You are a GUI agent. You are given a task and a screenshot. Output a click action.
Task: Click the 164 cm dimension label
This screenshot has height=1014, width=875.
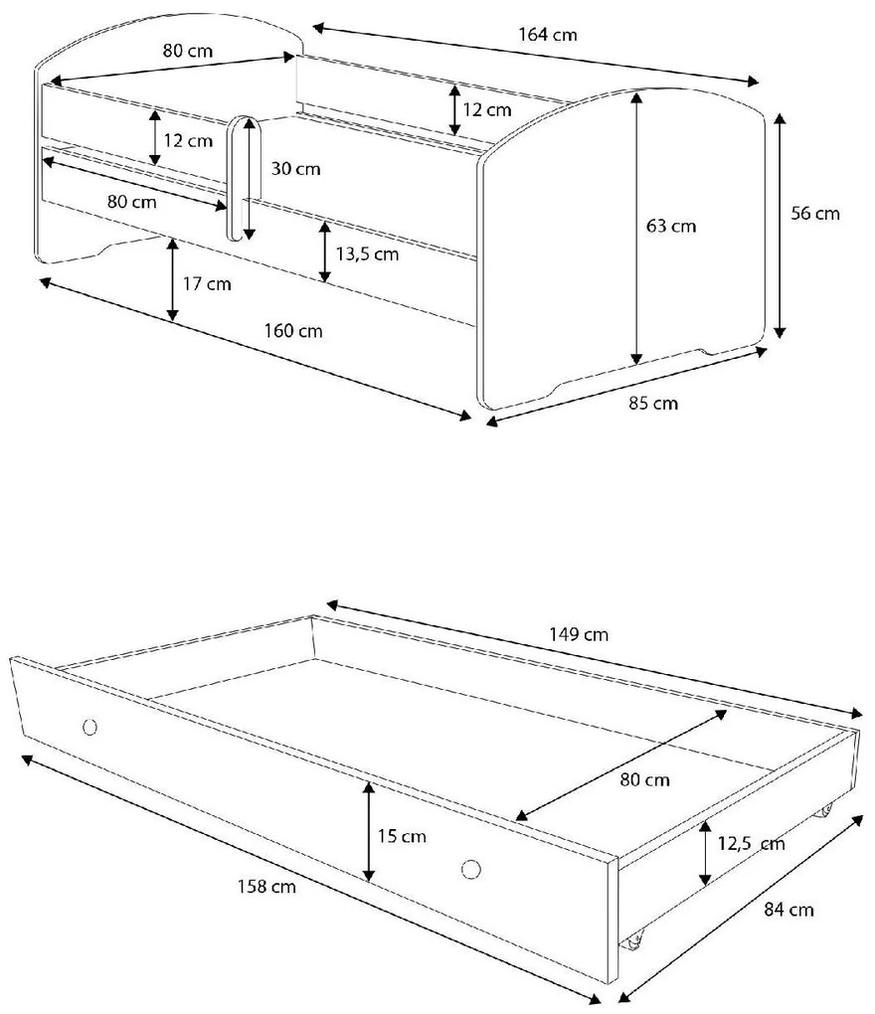(547, 35)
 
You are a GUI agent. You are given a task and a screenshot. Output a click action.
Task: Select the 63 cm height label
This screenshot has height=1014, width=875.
(671, 226)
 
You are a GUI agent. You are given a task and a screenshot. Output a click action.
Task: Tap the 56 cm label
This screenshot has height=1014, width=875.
(815, 214)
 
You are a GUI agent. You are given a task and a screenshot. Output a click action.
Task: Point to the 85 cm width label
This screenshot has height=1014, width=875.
(654, 403)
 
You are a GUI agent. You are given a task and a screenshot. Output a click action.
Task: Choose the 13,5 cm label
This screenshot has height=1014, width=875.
(367, 254)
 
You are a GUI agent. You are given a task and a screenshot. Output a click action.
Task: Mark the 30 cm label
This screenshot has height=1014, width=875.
(295, 168)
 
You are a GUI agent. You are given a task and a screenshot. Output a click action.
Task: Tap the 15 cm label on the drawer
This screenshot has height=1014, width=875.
(402, 836)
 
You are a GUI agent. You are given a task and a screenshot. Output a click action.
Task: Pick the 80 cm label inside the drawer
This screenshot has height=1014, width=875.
(644, 779)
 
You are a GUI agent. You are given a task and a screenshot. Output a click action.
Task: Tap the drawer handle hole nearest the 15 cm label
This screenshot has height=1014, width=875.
(471, 868)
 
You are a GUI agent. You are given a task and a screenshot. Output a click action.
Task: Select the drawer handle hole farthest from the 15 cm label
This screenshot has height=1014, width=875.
(89, 727)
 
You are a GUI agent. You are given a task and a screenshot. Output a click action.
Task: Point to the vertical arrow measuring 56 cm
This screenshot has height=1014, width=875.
(781, 226)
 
